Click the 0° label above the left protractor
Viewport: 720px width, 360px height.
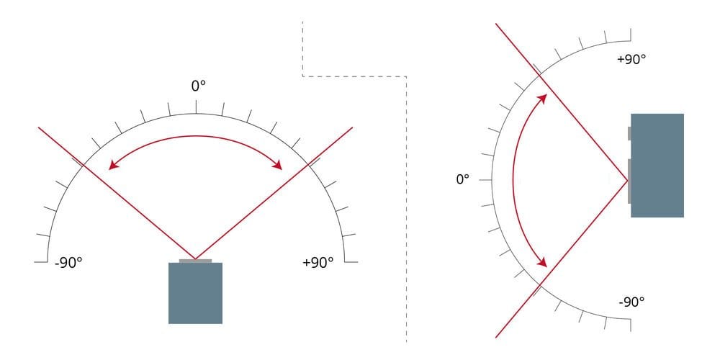(198, 86)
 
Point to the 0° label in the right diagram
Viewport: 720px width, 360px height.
(463, 179)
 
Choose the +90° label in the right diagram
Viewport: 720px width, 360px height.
(631, 59)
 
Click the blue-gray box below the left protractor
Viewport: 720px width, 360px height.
(195, 292)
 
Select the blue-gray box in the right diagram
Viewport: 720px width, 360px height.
(657, 166)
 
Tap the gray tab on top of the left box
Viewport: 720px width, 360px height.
(195, 260)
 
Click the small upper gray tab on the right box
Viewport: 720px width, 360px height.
(629, 133)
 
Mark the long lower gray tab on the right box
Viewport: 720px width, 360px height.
(629, 181)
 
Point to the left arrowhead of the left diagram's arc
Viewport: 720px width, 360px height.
(112, 167)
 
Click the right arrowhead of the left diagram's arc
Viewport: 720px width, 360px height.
(279, 167)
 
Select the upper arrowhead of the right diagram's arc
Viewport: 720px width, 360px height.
(544, 97)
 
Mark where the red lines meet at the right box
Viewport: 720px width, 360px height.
(627, 179)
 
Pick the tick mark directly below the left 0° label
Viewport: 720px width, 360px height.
(196, 107)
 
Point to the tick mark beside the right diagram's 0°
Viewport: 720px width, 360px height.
(486, 179)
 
